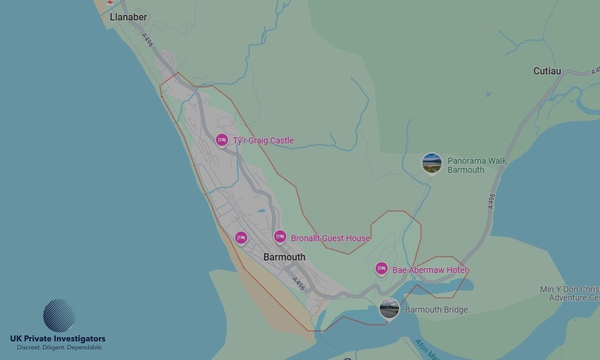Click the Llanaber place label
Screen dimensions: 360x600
pyautogui.click(x=128, y=17)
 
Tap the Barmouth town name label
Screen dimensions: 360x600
pyautogui.click(x=284, y=257)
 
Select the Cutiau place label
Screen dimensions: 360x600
pyautogui.click(x=547, y=71)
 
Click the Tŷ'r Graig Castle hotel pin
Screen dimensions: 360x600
pyautogui.click(x=222, y=140)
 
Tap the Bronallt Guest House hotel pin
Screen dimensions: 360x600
pyautogui.click(x=280, y=237)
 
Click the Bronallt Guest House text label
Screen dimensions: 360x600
pyautogui.click(x=331, y=238)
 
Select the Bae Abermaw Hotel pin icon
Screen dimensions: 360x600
pyautogui.click(x=381, y=269)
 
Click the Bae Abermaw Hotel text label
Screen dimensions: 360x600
pyautogui.click(x=430, y=271)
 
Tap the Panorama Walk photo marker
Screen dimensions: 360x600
pyautogui.click(x=432, y=163)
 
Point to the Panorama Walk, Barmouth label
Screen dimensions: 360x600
pyautogui.click(x=478, y=166)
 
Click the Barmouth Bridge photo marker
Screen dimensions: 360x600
pyautogui.click(x=389, y=309)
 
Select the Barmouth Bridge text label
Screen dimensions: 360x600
pyautogui.click(x=436, y=310)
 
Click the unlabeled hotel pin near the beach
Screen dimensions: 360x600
pyautogui.click(x=241, y=238)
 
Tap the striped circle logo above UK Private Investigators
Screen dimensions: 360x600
pyautogui.click(x=59, y=316)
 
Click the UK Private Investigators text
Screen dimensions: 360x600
pyautogui.click(x=58, y=339)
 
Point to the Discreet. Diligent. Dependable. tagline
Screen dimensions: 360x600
pyautogui.click(x=59, y=347)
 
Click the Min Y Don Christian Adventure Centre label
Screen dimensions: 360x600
pyautogui.click(x=569, y=293)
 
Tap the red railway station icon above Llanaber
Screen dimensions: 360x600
pyautogui.click(x=110, y=2)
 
